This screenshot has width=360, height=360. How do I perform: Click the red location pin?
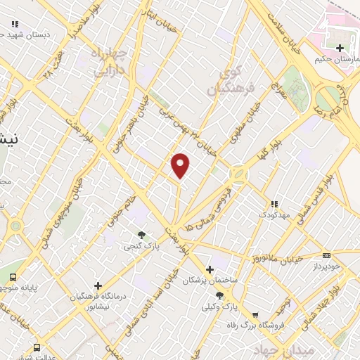pyautogui.click(x=181, y=165)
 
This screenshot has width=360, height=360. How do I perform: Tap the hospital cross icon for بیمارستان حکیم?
pyautogui.click(x=340, y=48)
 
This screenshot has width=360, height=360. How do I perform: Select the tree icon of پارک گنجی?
pyautogui.click(x=142, y=235)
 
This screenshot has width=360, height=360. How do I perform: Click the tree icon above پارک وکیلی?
pyautogui.click(x=219, y=295)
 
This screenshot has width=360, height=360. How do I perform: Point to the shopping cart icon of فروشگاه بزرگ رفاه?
pyautogui.click(x=255, y=315)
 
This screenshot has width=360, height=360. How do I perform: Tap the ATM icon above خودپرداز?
pyautogui.click(x=326, y=255)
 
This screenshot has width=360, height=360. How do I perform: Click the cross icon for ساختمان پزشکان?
pyautogui.click(x=210, y=269)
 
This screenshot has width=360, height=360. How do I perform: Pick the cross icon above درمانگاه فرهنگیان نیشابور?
pyautogui.click(x=98, y=285)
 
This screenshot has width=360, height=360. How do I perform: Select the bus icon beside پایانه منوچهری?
pyautogui.click(x=13, y=276)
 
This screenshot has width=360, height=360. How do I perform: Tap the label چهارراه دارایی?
pyautogui.click(x=110, y=61)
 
